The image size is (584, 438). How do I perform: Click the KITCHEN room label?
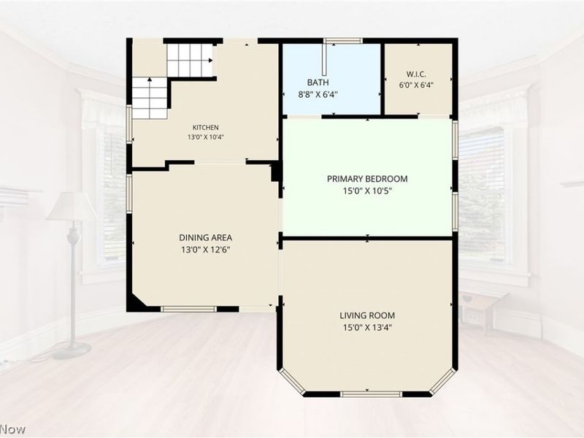[x=206, y=128]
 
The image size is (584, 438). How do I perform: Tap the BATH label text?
[x=318, y=82]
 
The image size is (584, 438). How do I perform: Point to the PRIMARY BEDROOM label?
[x=367, y=179]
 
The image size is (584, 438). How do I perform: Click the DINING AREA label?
[x=206, y=238]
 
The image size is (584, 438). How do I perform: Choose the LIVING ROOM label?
[x=367, y=315]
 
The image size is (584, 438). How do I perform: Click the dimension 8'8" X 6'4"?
[x=318, y=95]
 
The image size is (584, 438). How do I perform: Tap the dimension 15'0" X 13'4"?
[x=367, y=328]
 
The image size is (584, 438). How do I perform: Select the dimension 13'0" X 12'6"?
[x=206, y=250]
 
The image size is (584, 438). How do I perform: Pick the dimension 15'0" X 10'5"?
[x=367, y=191]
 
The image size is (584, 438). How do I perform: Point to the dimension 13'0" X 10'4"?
[x=206, y=137]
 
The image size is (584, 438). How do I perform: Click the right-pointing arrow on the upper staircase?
[x=210, y=61]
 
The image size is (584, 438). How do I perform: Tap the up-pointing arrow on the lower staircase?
[x=150, y=80]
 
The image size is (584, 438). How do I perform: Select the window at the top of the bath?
[x=343, y=41]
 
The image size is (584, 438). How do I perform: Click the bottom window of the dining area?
[x=189, y=309]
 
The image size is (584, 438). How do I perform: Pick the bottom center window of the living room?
[x=372, y=393]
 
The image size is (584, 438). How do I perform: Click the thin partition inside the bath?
[x=325, y=60]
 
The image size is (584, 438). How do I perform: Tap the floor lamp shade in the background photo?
[x=71, y=206]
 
